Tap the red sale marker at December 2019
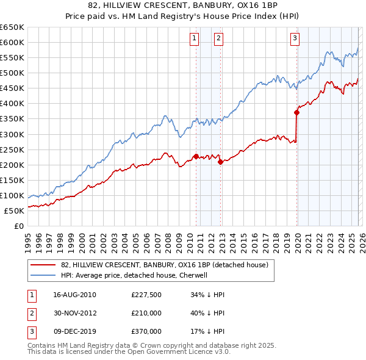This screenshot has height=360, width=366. tap(296, 112)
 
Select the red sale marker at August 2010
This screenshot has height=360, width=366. tap(196, 156)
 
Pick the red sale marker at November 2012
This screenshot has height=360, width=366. tap(220, 162)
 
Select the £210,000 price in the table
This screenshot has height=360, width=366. tap(146, 313)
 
